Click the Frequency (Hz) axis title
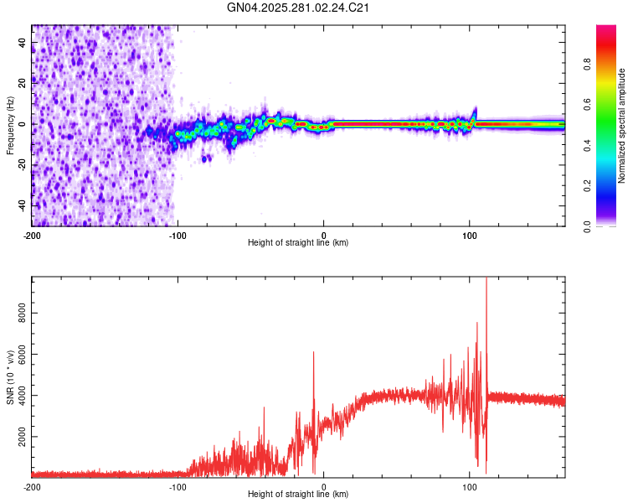tap(10, 126)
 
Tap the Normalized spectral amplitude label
tap(621, 126)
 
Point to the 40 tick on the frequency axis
tap(23, 42)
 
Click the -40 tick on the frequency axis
tap(21, 205)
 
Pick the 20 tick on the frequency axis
tap(23, 83)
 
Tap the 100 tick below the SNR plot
tap(470, 486)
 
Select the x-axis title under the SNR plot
tap(299, 494)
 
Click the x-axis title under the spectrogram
tap(299, 243)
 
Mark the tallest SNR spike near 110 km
tap(486, 280)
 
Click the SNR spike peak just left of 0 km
tap(314, 353)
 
